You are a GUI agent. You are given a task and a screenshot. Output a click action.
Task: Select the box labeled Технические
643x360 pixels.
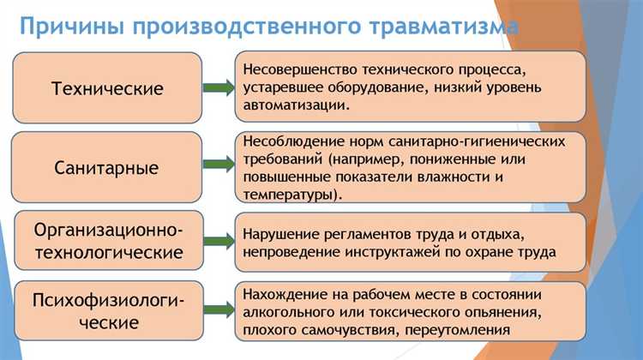coord(107,88)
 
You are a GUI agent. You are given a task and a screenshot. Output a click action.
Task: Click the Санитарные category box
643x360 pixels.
coord(107,167)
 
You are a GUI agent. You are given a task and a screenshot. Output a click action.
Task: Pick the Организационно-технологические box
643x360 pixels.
coord(107,241)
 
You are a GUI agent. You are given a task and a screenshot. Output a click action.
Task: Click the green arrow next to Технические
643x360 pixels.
coord(216,88)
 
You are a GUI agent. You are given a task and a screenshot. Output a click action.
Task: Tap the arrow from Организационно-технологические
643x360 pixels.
coord(216,241)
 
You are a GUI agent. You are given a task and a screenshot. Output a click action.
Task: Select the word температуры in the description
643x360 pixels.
coord(290,195)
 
